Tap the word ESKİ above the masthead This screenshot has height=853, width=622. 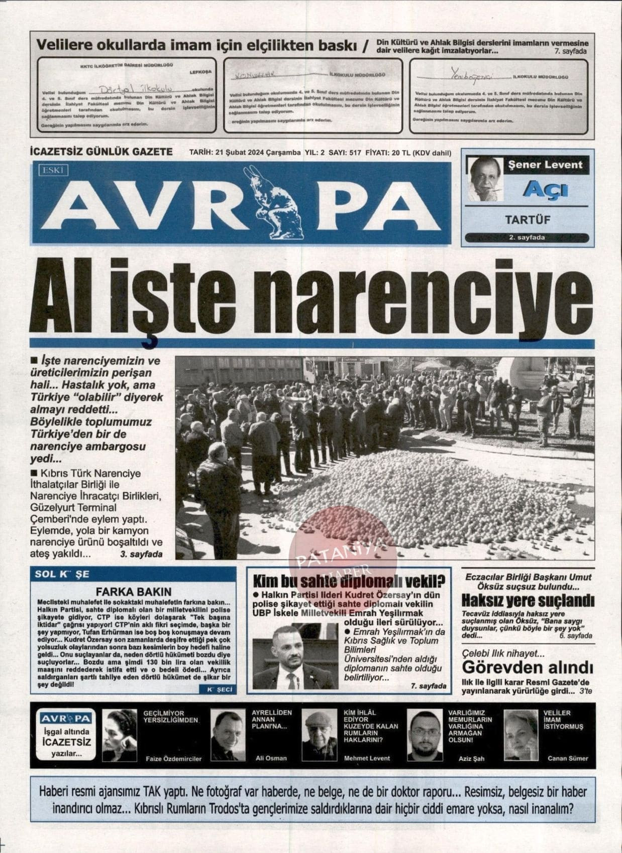click(x=53, y=171)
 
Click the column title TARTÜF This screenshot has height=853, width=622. click(x=527, y=220)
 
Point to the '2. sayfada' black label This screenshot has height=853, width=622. click(x=527, y=237)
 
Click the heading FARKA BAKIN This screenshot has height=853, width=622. click(x=134, y=592)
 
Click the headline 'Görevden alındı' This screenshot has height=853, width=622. click(x=527, y=668)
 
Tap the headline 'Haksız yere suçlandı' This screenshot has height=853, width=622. click(x=528, y=600)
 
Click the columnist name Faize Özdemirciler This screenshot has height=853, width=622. click(x=173, y=758)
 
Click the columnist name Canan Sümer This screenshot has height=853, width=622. click(x=567, y=758)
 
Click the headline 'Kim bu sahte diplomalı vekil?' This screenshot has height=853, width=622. click(x=349, y=582)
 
